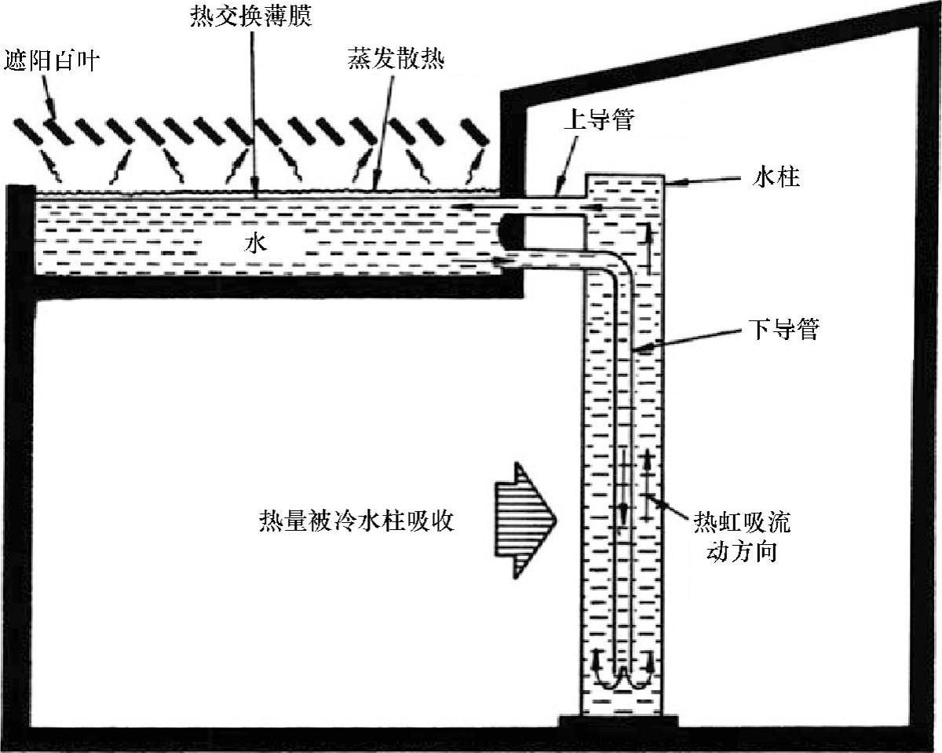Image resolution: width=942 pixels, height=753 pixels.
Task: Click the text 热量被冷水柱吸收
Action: pos(357,521)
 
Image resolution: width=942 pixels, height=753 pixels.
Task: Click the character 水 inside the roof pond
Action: pos(257,244)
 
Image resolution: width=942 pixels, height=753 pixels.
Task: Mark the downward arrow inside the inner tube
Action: pos(624,510)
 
